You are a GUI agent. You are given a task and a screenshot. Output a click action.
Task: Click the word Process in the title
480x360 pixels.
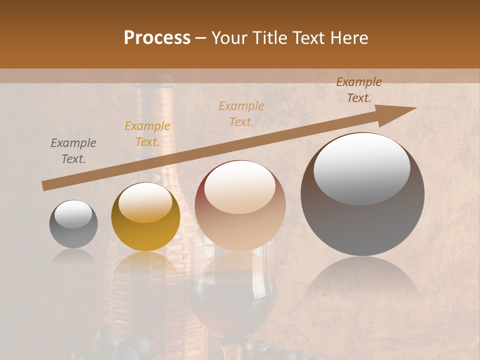point(157,37)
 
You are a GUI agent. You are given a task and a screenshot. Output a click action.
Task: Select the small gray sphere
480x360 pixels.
point(73,224)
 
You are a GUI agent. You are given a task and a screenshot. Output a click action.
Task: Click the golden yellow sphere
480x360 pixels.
point(145,216)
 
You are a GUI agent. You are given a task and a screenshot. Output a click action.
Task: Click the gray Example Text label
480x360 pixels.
point(73,151)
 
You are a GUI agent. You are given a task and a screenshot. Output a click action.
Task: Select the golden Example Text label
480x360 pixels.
point(147,134)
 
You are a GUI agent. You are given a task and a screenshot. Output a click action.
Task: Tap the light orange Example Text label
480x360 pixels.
point(241,113)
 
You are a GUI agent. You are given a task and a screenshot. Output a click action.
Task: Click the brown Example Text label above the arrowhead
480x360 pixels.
point(359,90)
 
